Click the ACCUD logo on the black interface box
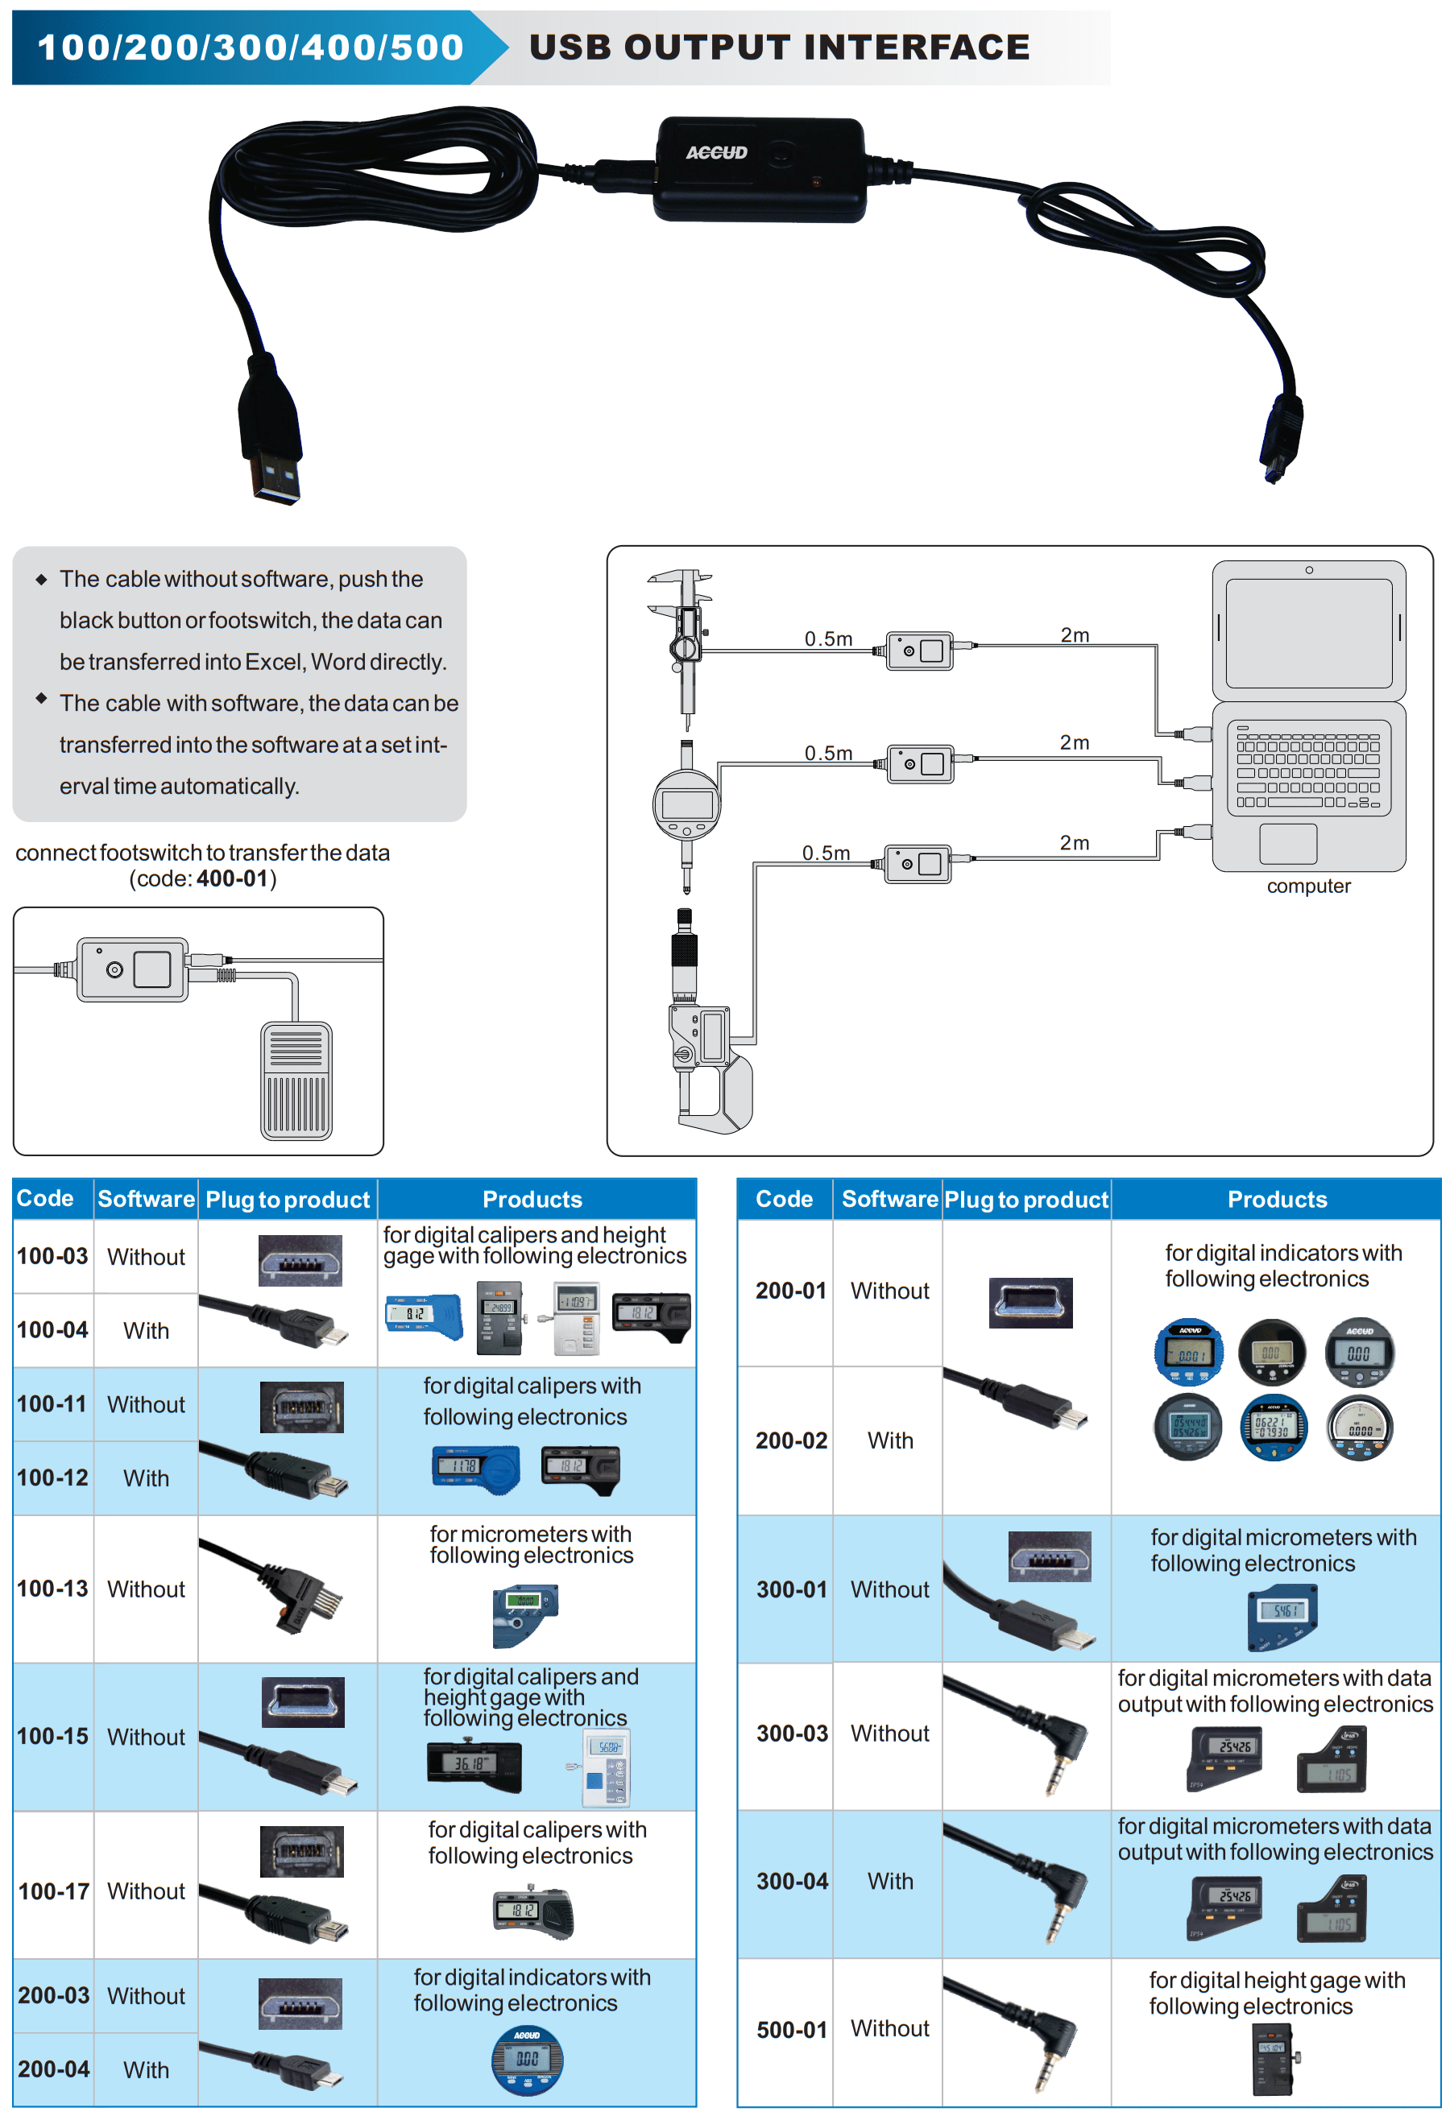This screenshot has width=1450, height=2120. tap(716, 152)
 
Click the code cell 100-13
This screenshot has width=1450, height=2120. tap(53, 1588)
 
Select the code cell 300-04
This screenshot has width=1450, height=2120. tap(792, 1881)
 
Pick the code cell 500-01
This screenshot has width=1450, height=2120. tap(792, 2030)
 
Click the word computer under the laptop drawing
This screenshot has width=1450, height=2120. tap(1307, 886)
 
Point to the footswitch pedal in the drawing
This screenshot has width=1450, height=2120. tap(296, 1081)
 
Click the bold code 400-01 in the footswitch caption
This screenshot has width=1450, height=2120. tap(232, 878)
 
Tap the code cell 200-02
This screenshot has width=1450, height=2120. tap(791, 1440)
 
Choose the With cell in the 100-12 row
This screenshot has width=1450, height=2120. tap(146, 1477)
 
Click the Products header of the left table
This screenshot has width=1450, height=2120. tap(532, 1200)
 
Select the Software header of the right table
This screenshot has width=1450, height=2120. tap(889, 1199)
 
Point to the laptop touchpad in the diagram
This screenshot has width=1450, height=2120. tap(1287, 844)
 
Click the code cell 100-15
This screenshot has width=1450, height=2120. tap(53, 1736)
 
